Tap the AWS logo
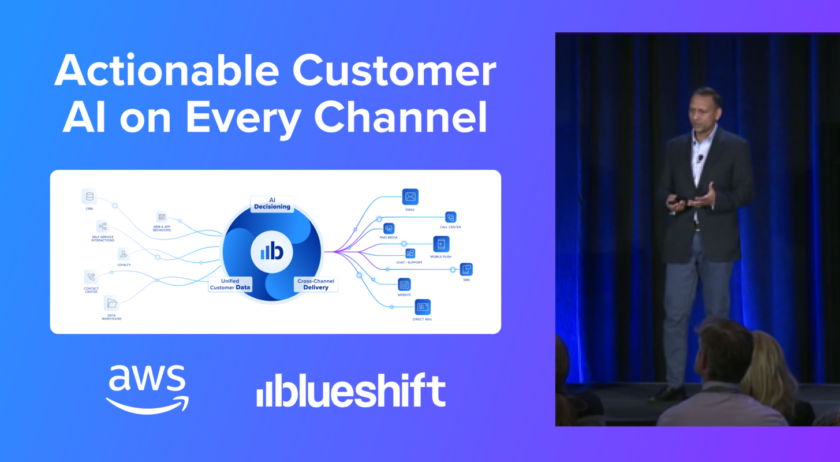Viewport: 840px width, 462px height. (148, 388)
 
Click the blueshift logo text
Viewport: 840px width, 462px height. (352, 390)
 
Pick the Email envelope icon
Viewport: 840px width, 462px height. (410, 197)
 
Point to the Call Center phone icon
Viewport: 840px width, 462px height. (451, 217)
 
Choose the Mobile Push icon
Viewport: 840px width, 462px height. (441, 244)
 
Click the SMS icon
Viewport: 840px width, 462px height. (466, 269)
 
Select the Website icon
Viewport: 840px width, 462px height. (404, 284)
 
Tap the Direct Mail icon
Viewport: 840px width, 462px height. (423, 307)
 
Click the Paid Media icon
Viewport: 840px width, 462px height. (389, 229)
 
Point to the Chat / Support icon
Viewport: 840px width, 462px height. (410, 254)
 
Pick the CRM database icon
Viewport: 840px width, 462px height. (89, 196)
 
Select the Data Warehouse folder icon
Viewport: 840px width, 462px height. (111, 303)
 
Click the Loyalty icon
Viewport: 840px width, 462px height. (124, 254)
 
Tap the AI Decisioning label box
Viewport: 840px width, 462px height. (272, 203)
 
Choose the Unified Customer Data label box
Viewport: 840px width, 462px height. (230, 284)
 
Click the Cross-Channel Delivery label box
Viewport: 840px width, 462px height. (315, 284)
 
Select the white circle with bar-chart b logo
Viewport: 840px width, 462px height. (271, 252)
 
